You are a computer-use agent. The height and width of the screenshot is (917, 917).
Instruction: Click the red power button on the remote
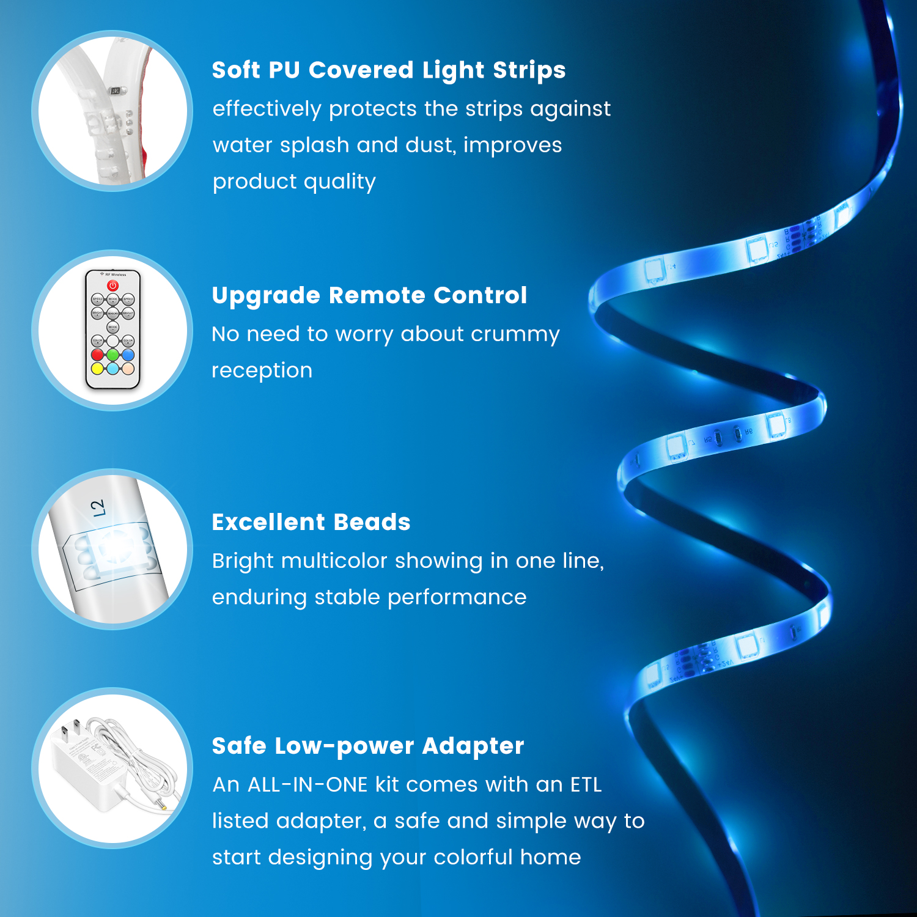pyautogui.click(x=112, y=285)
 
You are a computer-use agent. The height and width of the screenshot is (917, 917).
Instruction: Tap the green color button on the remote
pyautogui.click(x=112, y=355)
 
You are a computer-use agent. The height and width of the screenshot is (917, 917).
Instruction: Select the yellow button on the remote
pyautogui.click(x=97, y=368)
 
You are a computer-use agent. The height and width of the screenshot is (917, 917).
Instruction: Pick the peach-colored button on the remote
pyautogui.click(x=128, y=368)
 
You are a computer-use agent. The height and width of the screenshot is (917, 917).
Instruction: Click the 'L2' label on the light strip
pyautogui.click(x=97, y=508)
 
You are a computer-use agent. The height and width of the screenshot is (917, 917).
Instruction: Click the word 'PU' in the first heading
pyautogui.click(x=284, y=70)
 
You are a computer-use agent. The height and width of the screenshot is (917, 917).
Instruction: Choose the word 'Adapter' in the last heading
pyautogui.click(x=473, y=746)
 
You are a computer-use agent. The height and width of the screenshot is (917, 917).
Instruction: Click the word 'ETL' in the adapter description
pyautogui.click(x=586, y=784)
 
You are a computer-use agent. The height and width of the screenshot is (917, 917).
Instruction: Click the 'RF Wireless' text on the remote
pyautogui.click(x=116, y=275)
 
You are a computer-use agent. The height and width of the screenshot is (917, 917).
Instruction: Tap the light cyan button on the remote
pyautogui.click(x=112, y=368)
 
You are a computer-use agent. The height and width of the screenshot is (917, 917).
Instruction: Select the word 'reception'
pyautogui.click(x=262, y=371)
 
